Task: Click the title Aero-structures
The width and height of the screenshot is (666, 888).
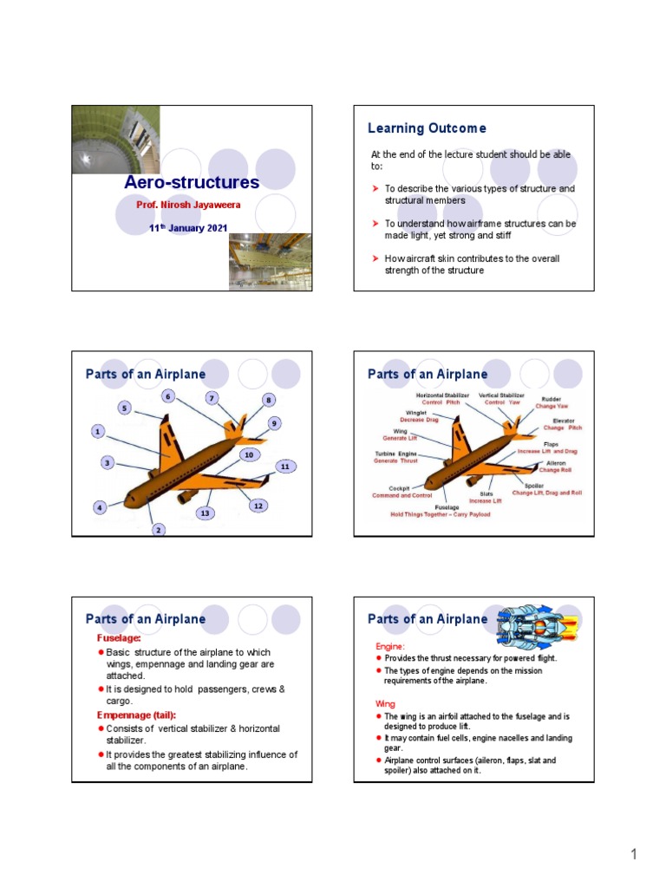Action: [x=192, y=183]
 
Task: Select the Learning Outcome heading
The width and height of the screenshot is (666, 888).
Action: [x=427, y=128]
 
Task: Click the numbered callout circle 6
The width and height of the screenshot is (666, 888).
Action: [x=168, y=396]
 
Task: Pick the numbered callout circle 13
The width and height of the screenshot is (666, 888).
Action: [x=205, y=513]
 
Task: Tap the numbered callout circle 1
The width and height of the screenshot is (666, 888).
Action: [x=98, y=431]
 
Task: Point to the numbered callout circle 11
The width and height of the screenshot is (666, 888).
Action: [x=283, y=467]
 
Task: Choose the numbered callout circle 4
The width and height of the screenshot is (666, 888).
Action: [x=100, y=506]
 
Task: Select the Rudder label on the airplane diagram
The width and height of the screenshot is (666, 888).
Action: [x=551, y=400]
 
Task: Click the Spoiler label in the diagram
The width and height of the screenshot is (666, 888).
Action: [x=535, y=486]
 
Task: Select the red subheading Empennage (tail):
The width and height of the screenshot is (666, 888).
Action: [x=136, y=715]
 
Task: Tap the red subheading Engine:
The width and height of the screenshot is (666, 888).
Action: [x=389, y=647]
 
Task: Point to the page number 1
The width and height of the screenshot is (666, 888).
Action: [x=634, y=855]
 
